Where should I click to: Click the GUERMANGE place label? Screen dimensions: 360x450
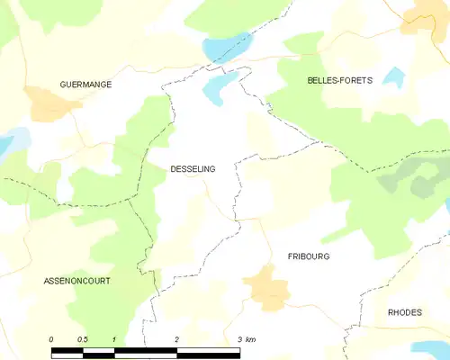click(85, 85)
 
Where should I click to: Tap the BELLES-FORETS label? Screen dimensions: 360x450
click(340, 81)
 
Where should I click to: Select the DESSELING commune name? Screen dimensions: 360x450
click(193, 167)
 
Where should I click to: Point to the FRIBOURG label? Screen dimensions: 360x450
click(309, 256)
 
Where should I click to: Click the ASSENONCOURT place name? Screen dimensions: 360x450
click(77, 282)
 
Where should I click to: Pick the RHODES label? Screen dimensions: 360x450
click(405, 312)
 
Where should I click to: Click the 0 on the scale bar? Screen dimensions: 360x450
click(51, 338)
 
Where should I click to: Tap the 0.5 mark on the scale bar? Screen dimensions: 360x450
click(82, 338)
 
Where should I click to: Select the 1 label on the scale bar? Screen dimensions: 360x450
click(114, 338)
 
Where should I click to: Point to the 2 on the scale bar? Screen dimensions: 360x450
click(177, 338)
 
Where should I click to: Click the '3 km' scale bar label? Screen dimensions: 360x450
click(247, 338)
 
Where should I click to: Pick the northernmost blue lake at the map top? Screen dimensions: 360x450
click(225, 45)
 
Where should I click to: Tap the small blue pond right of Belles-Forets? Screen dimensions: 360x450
click(392, 76)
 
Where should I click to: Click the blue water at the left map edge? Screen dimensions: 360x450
click(5, 142)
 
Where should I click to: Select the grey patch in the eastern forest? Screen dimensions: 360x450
click(405, 184)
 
